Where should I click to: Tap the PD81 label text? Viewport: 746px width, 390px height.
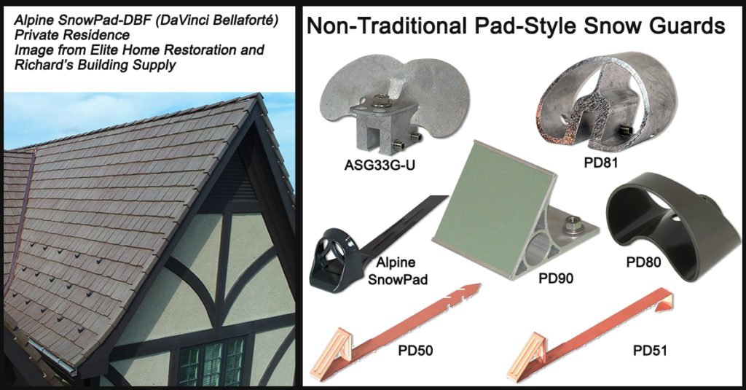click(601, 163)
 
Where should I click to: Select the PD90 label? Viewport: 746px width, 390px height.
click(556, 278)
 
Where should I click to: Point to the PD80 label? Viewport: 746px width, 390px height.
click(644, 262)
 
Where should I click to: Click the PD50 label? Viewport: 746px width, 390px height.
click(415, 351)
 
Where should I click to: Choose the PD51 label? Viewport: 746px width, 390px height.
click(650, 351)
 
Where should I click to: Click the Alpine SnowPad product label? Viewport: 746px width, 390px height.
click(397, 270)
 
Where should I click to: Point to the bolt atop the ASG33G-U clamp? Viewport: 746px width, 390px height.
click(379, 101)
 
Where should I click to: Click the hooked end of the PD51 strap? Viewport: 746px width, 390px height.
click(665, 300)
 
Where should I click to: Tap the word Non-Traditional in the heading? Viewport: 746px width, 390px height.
click(386, 26)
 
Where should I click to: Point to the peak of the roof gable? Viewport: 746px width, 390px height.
click(259, 95)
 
